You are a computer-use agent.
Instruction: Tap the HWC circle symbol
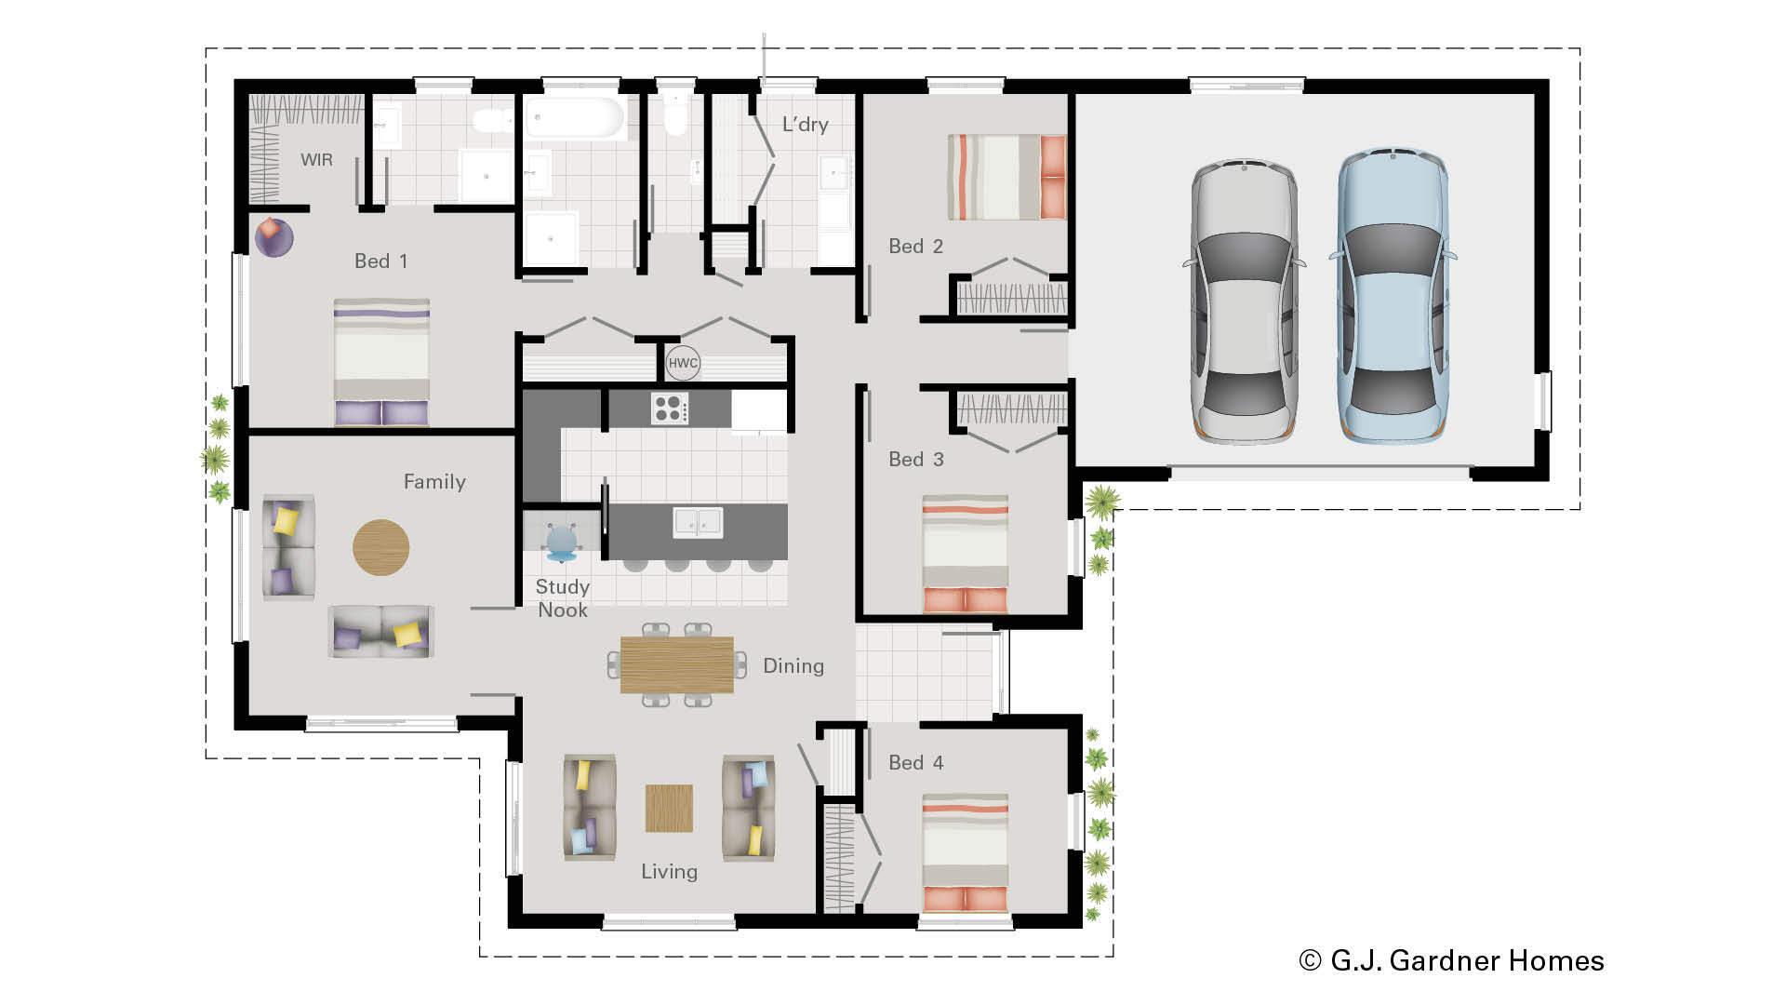(683, 363)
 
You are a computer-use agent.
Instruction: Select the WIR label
(316, 160)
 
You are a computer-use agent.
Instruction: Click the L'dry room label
(805, 125)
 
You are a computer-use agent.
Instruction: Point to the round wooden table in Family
(380, 547)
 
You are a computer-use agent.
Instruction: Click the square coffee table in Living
(669, 808)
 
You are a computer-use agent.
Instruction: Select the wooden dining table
(676, 664)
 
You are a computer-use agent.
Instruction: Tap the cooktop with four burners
(670, 409)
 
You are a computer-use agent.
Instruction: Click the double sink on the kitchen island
(698, 522)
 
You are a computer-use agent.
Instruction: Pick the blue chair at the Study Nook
(562, 543)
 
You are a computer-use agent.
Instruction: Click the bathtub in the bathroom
(574, 118)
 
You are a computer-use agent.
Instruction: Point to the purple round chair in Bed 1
(273, 237)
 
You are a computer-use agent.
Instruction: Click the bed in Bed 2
(1006, 177)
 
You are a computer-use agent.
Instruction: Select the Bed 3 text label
(915, 459)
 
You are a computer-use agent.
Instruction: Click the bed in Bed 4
(965, 852)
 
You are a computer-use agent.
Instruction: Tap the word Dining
(793, 665)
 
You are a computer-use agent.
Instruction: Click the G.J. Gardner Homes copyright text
(1451, 960)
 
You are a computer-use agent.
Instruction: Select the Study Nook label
(562, 598)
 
